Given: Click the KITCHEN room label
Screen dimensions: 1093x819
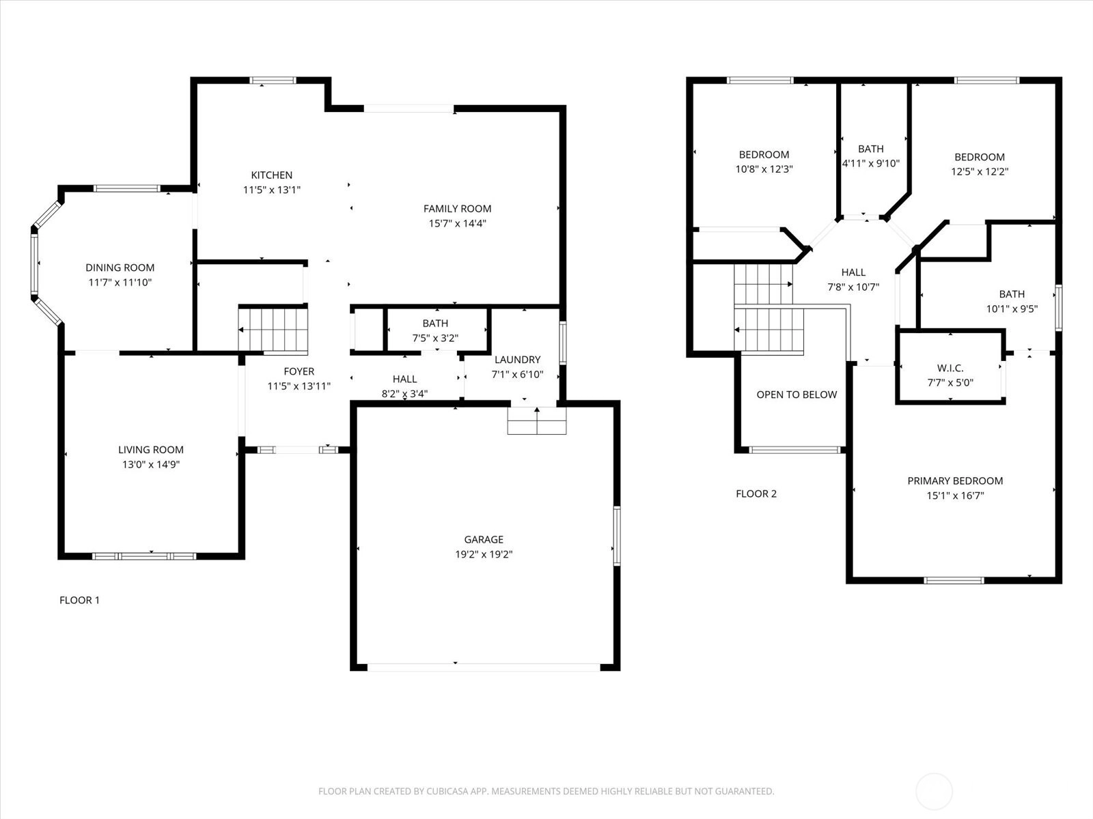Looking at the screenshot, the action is point(271,175).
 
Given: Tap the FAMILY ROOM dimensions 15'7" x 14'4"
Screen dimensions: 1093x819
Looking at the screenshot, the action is point(457,223).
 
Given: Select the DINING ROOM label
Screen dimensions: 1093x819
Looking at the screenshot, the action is point(120,268).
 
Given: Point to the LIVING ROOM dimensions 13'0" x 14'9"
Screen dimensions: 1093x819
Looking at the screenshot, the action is point(151,465).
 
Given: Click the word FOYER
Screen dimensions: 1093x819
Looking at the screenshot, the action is point(299,371).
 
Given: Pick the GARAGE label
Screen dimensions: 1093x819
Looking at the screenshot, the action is point(484,540).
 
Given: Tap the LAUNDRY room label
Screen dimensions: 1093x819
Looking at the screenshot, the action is point(517,360).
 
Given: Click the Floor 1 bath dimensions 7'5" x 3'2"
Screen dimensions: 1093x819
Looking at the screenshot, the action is point(435,338).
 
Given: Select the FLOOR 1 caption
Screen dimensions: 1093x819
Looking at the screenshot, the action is point(80,600).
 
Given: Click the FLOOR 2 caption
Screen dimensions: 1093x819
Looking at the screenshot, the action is point(756,493).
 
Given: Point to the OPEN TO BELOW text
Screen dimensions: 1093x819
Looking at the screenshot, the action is point(797,395).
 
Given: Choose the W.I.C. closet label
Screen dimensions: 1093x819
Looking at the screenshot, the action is point(950,368).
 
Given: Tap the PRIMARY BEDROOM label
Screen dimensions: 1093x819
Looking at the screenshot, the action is point(955,481).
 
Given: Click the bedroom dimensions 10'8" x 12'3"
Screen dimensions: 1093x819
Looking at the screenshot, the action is point(764,169).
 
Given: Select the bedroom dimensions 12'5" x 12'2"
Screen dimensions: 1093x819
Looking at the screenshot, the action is point(980,171).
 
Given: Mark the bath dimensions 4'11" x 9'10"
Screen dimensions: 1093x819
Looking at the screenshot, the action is point(871,163).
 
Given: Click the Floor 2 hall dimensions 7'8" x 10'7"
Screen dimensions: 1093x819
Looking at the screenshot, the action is point(853,287).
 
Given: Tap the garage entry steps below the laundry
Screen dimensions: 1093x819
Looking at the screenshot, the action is point(537,420).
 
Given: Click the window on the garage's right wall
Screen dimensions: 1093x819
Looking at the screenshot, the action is point(617,536).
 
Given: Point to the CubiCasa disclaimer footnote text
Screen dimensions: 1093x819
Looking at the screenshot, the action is point(546,790).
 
